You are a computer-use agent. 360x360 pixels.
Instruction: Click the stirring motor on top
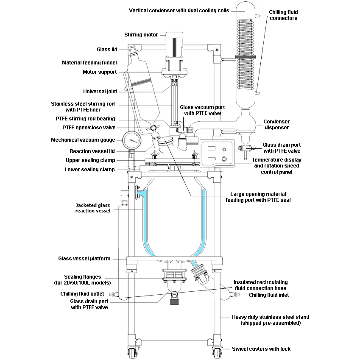tap(174, 44)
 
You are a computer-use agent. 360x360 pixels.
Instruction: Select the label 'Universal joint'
tap(100, 91)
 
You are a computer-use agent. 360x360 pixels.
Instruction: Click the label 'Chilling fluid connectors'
tap(283, 15)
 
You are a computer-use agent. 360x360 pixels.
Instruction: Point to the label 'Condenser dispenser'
tap(276, 124)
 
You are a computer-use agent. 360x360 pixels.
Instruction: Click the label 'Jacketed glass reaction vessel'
tap(92, 208)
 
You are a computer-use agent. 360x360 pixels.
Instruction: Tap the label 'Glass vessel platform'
tap(84, 258)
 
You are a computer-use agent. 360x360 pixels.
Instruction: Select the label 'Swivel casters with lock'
tap(261, 349)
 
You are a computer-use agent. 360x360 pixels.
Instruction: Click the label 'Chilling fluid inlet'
tap(269, 295)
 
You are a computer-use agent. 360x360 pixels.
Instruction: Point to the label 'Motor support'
tap(100, 72)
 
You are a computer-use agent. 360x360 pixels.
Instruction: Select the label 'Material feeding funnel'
tap(89, 63)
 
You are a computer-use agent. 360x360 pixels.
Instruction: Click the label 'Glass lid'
tap(107, 50)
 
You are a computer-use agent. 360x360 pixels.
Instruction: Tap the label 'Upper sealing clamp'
tap(90, 160)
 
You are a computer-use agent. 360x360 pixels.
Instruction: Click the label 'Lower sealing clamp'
tap(89, 170)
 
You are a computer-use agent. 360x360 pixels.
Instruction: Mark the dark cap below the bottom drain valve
tap(173, 302)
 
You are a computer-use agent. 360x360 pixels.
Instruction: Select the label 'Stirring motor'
tap(141, 35)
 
